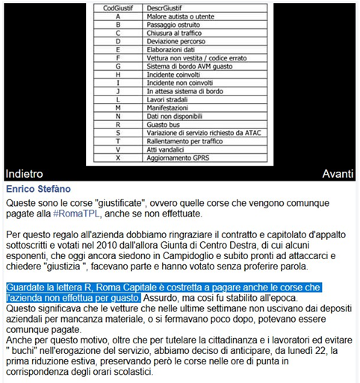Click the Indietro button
coord(25,173)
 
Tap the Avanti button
coord(338,173)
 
